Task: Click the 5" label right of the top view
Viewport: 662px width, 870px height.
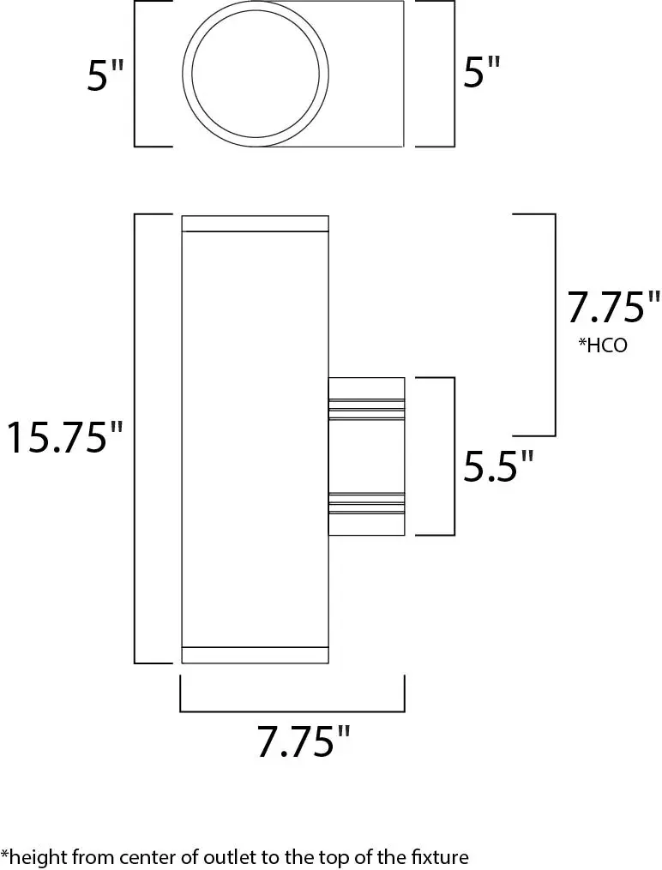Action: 481,74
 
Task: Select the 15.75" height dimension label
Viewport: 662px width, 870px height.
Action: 65,438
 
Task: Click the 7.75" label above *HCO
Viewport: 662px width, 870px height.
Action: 613,308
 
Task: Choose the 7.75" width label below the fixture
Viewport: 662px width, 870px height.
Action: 304,741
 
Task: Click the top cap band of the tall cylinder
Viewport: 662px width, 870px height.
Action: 256,224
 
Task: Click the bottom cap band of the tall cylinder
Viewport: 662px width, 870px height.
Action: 256,654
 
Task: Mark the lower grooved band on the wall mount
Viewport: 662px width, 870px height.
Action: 367,503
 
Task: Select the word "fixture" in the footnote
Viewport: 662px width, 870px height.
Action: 440,856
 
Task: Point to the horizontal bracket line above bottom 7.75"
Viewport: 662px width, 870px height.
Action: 292,711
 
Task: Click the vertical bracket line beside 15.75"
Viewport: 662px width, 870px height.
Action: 135,438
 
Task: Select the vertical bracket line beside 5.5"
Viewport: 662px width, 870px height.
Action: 453,455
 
